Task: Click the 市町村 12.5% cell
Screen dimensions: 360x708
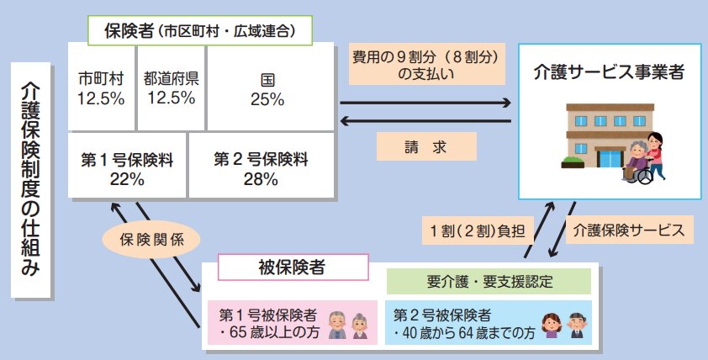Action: (101, 88)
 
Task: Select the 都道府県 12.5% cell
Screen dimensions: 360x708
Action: (171, 88)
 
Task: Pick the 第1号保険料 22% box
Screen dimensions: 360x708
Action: (127, 167)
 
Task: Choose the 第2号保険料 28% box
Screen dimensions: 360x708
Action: (260, 167)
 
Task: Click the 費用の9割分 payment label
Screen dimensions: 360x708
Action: (425, 64)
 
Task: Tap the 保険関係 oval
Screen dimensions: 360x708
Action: (152, 238)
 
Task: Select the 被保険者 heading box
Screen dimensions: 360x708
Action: (293, 268)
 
